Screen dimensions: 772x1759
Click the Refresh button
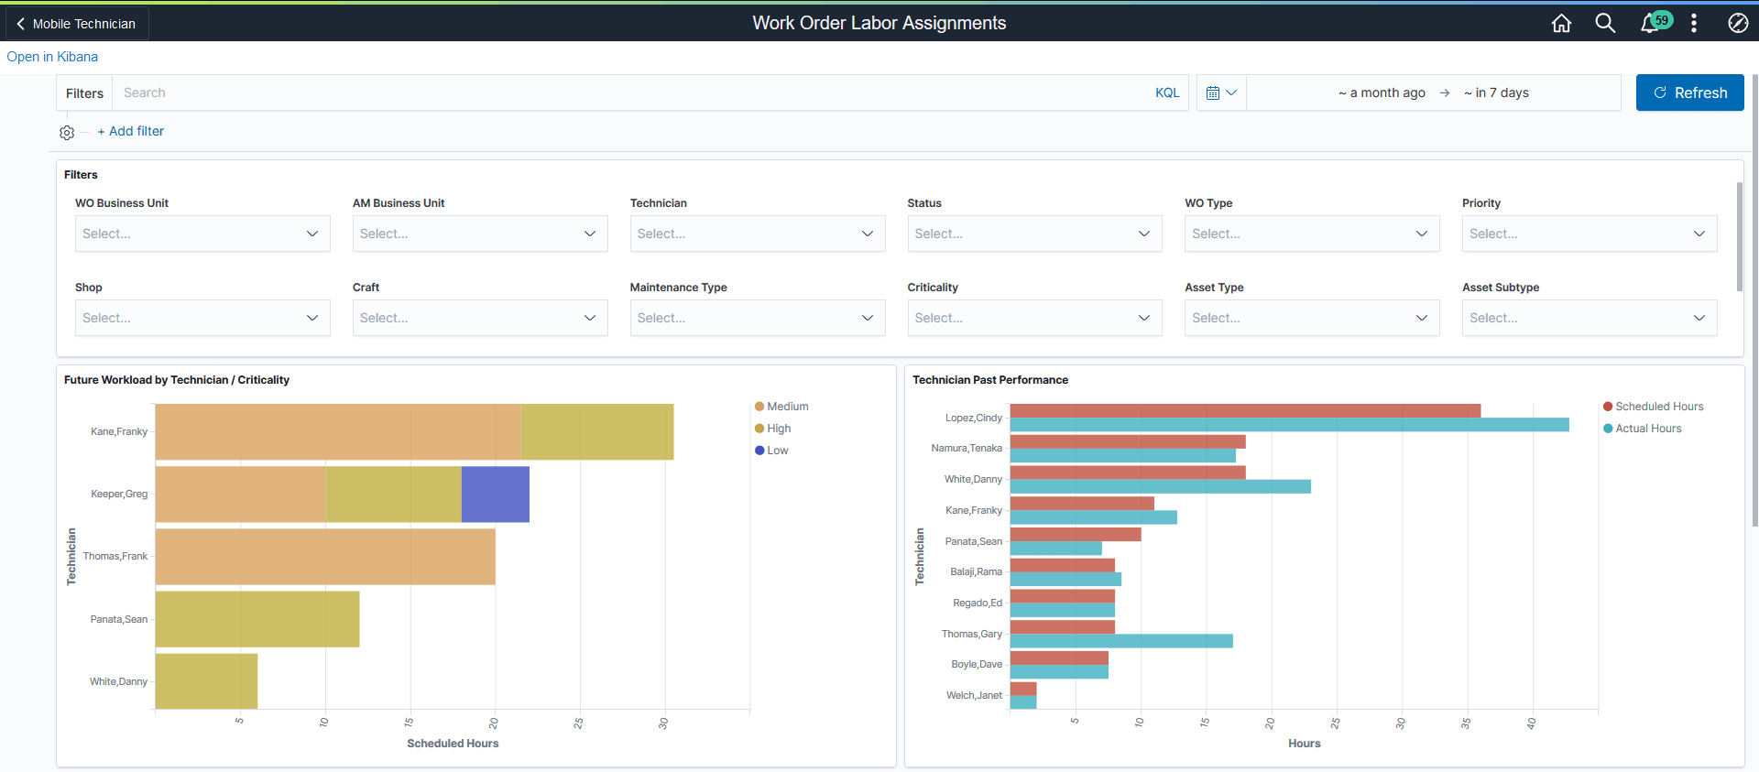pos(1689,92)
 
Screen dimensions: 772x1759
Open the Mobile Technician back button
pos(77,24)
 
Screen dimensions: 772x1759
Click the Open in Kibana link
pos(52,57)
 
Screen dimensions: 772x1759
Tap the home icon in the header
pos(1561,23)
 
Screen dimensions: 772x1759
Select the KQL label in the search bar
pos(1166,92)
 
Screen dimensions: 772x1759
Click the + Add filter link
pos(131,131)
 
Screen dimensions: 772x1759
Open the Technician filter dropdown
pos(757,234)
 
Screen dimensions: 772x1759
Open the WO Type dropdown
pos(1311,234)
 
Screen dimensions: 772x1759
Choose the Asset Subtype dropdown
pos(1589,318)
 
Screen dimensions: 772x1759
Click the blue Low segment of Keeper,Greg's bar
pos(495,495)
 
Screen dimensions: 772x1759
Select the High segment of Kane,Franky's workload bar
pos(596,431)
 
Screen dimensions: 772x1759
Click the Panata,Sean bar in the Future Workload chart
pos(257,619)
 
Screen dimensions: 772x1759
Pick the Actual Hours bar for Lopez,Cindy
pos(1288,425)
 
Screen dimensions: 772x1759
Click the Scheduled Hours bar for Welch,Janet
pos(1022,689)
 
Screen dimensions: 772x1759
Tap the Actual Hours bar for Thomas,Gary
pos(1120,641)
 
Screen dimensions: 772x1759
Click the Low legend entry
pos(777,451)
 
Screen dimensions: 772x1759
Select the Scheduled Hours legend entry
pos(1658,407)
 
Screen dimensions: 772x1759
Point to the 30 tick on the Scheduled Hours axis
pos(663,723)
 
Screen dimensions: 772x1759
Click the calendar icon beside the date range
pos(1212,92)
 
